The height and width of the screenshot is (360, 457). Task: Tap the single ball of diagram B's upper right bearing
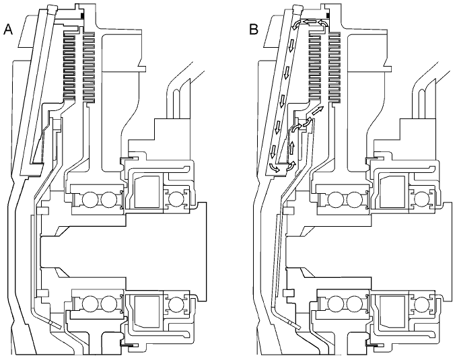(423, 199)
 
